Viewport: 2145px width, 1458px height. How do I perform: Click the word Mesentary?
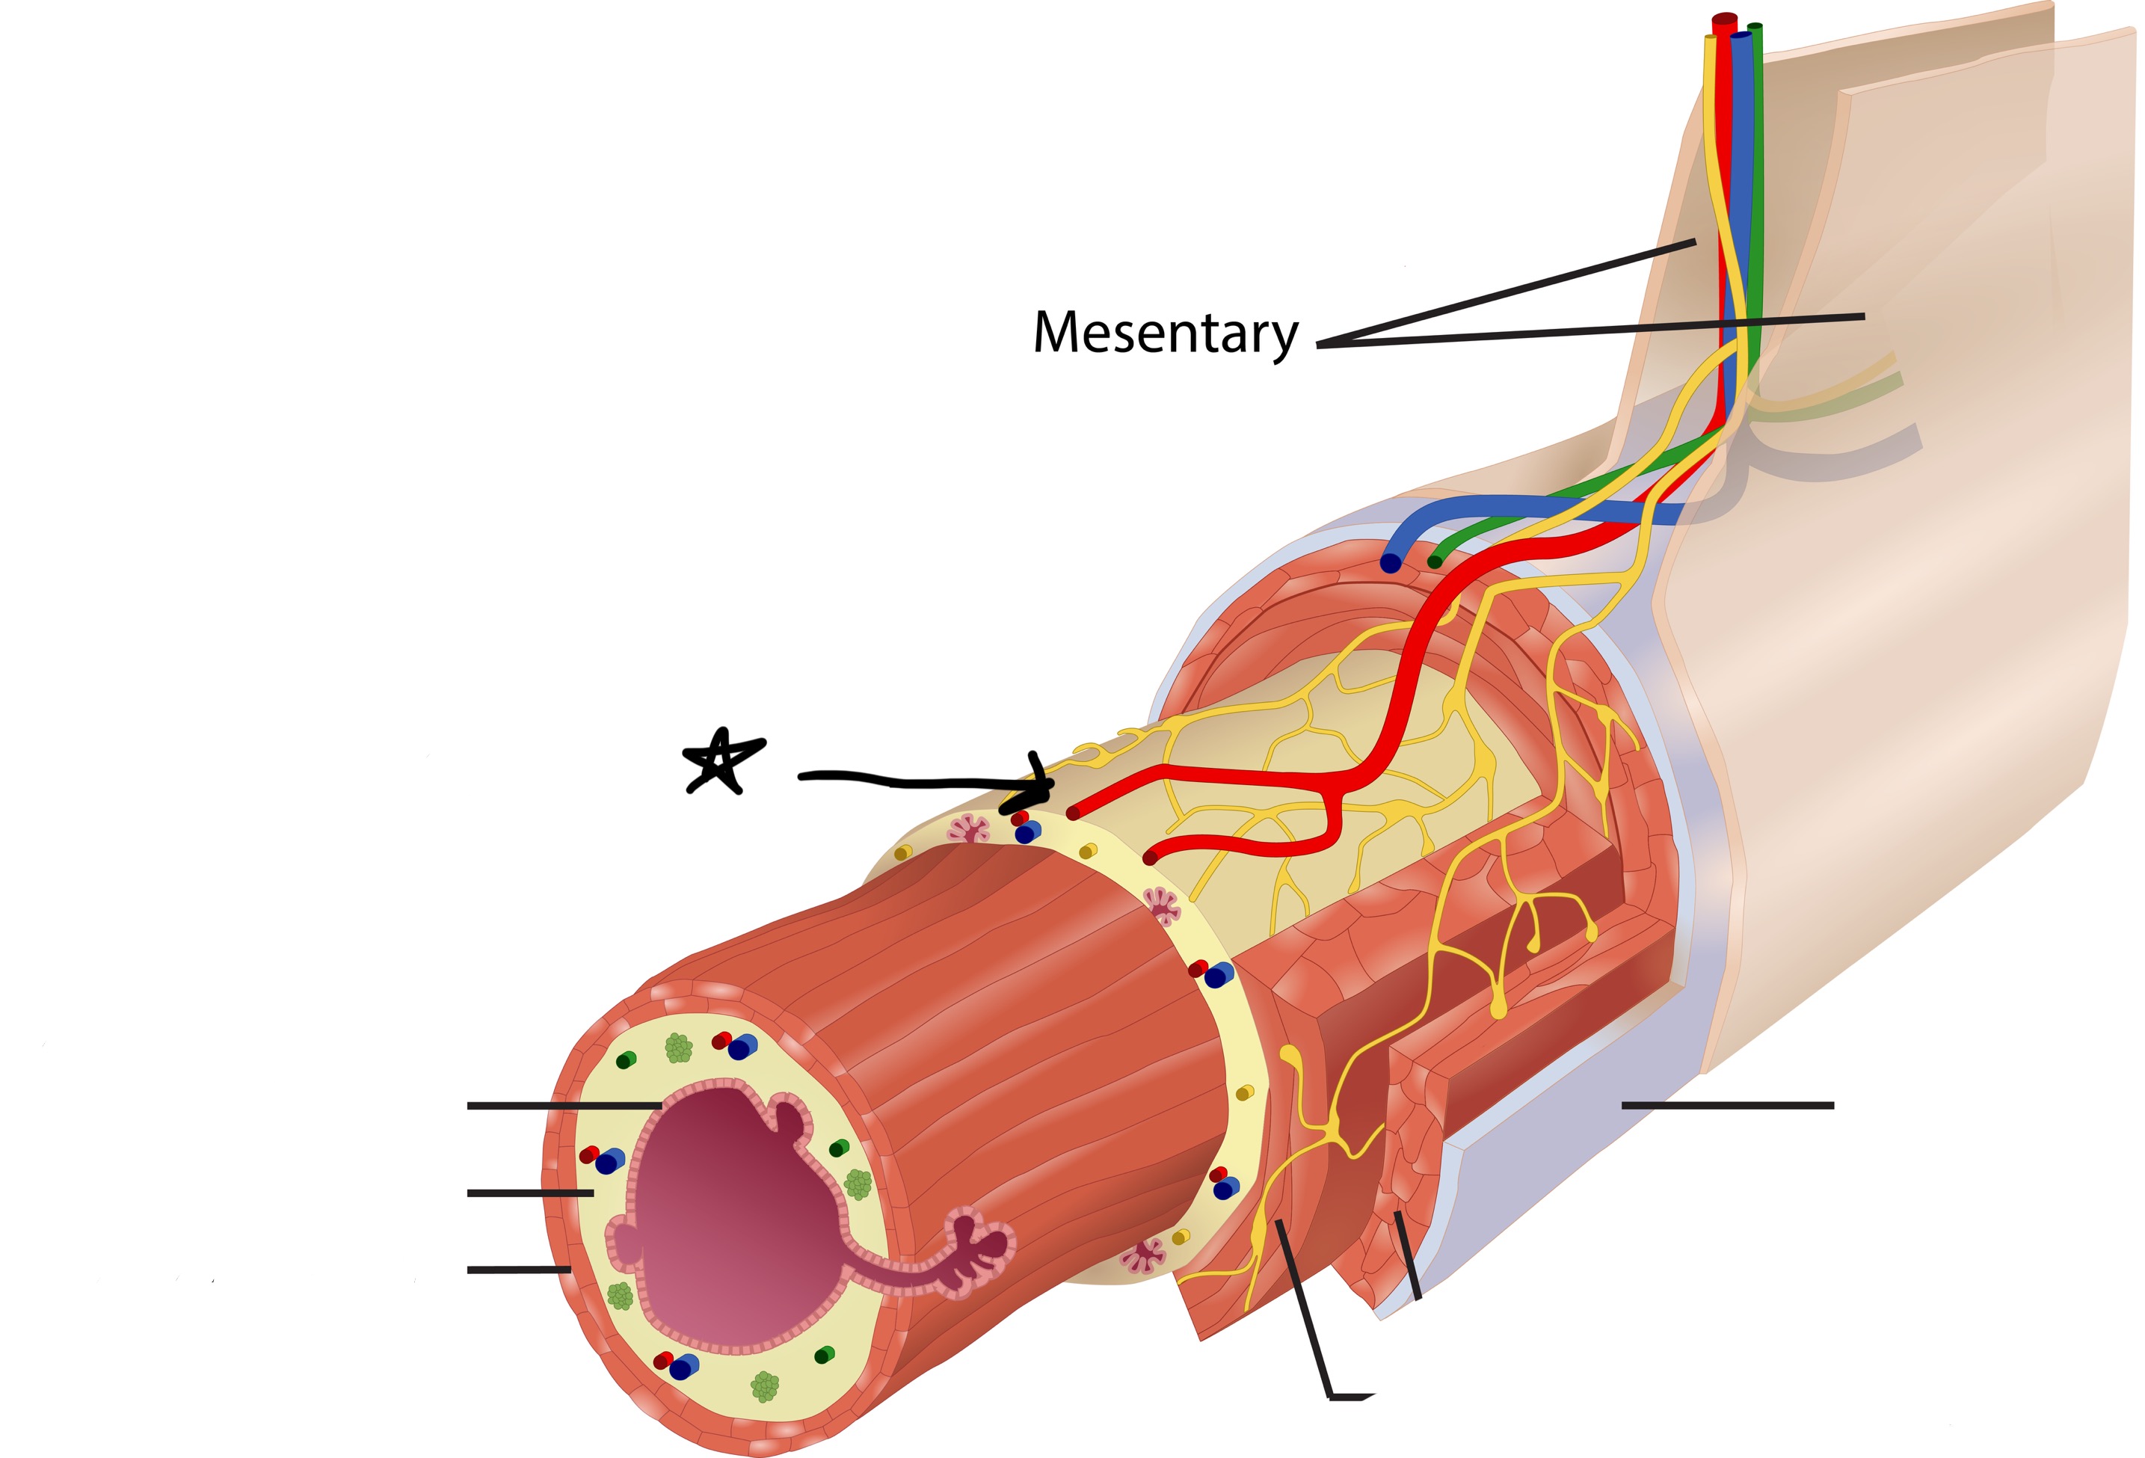pyautogui.click(x=1165, y=333)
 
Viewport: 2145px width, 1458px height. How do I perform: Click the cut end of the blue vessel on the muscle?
pyautogui.click(x=1390, y=563)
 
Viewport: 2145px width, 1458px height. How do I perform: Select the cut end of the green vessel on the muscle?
pyautogui.click(x=1434, y=561)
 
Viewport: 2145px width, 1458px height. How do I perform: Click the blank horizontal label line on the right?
pyautogui.click(x=1727, y=1104)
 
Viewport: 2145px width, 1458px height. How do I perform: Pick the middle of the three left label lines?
pyautogui.click(x=530, y=1193)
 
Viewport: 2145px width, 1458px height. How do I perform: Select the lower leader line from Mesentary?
pyautogui.click(x=1587, y=330)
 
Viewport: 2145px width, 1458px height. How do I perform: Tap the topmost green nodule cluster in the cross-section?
pyautogui.click(x=678, y=1048)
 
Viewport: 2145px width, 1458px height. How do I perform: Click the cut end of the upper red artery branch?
pyautogui.click(x=1072, y=813)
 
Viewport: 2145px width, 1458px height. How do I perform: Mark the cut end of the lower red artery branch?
pyautogui.click(x=1150, y=858)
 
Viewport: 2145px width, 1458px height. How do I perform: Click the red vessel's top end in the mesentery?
pyautogui.click(x=1724, y=20)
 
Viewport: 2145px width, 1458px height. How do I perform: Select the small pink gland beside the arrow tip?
pyautogui.click(x=968, y=828)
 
